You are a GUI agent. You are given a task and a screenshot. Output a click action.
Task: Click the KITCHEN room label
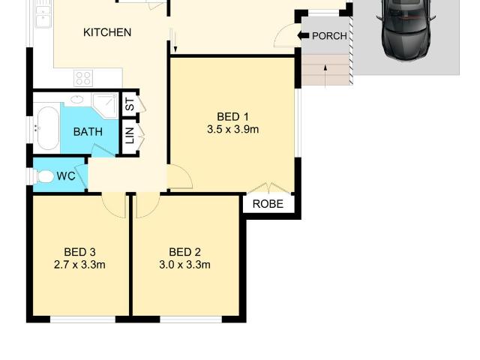click(107, 32)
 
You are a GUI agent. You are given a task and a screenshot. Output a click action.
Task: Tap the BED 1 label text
click(232, 116)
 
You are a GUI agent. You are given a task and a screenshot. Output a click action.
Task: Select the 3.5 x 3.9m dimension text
click(232, 129)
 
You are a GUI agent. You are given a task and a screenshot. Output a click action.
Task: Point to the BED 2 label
click(184, 252)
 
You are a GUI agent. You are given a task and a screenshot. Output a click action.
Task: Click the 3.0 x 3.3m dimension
click(184, 265)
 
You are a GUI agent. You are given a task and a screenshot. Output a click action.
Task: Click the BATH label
click(88, 132)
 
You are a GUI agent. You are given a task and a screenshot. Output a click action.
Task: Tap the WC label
click(66, 176)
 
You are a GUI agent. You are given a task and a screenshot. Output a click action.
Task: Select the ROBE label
click(268, 204)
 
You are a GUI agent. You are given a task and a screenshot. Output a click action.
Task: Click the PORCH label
click(329, 36)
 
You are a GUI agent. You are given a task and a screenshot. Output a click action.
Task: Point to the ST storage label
click(130, 106)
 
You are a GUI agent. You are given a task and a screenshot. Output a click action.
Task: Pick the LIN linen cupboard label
click(130, 136)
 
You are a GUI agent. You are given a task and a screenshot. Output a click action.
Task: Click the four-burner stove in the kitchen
click(83, 76)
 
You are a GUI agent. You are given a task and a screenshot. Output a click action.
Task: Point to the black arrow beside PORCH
click(304, 35)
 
